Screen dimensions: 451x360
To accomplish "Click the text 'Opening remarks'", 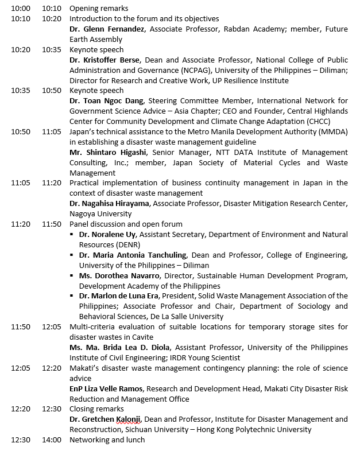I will (99, 9).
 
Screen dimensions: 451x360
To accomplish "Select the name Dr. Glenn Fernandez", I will (105, 29).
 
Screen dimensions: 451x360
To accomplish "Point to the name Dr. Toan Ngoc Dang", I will (106, 101).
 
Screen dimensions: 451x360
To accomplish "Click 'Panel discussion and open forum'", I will (126, 224).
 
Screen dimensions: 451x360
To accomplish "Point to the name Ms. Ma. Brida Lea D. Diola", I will (121, 347).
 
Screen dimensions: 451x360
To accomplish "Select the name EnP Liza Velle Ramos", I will (106, 388).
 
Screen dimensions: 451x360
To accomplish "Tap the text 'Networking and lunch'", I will (107, 440).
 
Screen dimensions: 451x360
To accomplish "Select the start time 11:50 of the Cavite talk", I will (21, 327).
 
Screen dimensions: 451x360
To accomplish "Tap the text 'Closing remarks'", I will (96, 409).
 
